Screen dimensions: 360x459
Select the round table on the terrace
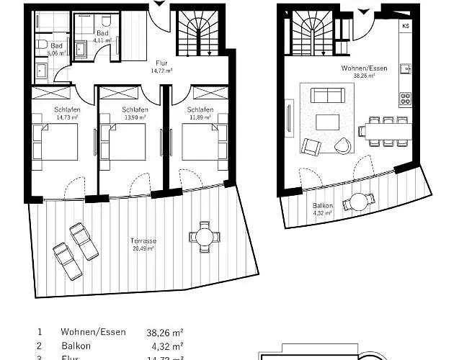203,236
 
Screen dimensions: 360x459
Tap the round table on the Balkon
355,203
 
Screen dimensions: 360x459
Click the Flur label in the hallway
162,63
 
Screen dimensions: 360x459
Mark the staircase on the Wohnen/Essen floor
312,36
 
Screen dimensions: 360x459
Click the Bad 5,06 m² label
56,50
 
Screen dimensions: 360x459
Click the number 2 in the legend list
39,346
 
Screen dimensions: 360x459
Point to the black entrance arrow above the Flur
159,4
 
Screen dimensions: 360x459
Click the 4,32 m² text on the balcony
323,213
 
